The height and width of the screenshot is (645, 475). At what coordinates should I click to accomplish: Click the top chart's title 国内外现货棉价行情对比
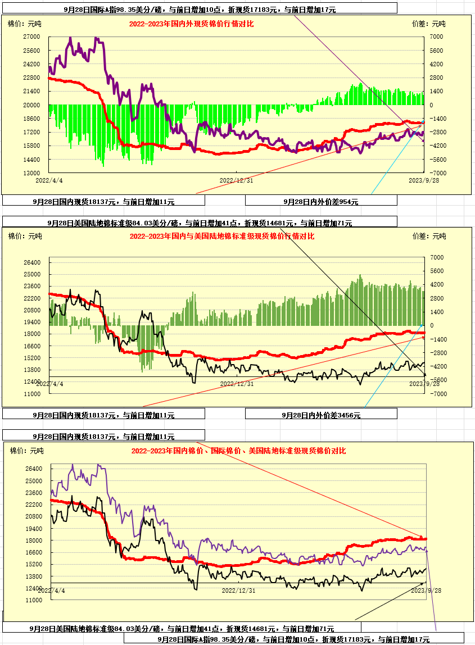191,24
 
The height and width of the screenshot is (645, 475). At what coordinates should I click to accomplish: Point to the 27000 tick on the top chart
31,37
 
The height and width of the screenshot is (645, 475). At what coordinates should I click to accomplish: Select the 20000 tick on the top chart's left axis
31,105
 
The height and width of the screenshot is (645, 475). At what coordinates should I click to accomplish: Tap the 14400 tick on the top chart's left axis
31,160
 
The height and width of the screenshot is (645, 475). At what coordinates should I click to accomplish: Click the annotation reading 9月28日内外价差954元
320,201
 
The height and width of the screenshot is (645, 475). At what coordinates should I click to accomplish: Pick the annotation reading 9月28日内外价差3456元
320,415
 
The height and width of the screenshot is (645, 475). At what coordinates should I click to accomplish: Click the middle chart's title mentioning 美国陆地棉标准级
221,237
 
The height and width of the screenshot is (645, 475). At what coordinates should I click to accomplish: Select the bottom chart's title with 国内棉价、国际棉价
238,451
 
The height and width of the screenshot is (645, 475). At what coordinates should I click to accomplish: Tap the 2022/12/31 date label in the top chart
236,180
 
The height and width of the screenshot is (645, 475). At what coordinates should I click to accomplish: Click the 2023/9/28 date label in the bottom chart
426,591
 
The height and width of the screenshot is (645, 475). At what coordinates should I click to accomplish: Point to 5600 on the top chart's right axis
436,50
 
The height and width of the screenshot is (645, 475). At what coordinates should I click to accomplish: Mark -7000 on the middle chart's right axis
436,394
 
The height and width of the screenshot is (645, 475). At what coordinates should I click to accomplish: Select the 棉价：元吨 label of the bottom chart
27,451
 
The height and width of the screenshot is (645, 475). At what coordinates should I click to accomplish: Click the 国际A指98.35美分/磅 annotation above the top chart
200,10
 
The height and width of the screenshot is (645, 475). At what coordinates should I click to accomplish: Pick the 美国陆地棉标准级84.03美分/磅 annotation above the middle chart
200,223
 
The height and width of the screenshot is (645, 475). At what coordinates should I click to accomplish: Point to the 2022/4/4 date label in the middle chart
49,384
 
